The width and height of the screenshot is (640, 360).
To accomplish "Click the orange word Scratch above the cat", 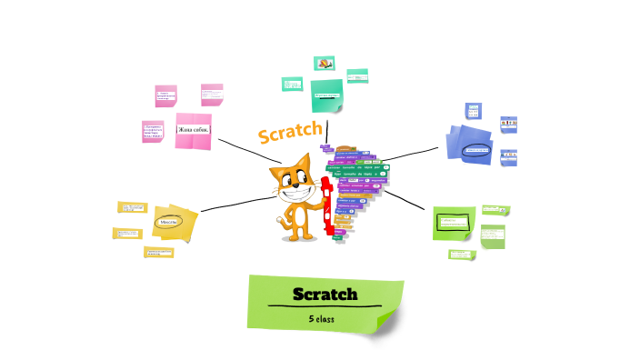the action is [289, 132].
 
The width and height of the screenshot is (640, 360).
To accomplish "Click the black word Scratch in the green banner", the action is [325, 294].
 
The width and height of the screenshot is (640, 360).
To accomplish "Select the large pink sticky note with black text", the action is [193, 130].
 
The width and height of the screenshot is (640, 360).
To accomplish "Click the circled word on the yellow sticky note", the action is [167, 221].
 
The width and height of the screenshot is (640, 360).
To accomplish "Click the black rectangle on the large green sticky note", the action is [453, 223].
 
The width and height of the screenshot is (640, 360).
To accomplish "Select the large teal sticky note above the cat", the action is [326, 94].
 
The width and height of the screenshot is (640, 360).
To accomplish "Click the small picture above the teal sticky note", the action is [325, 64].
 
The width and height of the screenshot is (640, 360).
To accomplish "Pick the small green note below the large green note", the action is [461, 254].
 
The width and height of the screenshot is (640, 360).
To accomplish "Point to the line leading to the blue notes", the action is [414, 152].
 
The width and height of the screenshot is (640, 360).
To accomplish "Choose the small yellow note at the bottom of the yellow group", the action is [158, 252].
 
